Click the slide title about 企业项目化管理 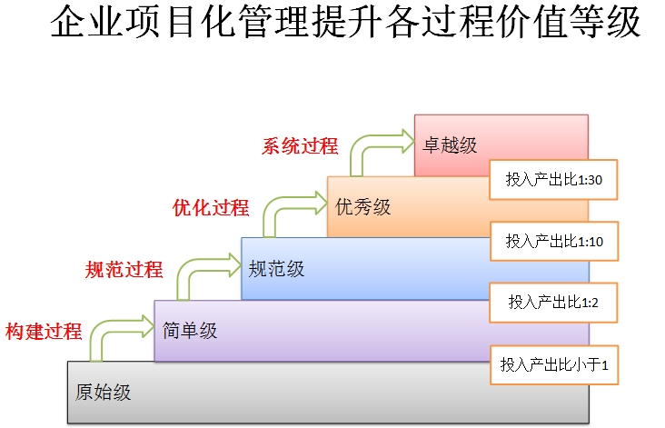pos(345,22)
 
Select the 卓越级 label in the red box pos(450,145)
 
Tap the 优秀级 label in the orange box pos(363,207)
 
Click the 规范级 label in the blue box pos(276,269)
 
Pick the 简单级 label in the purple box pos(190,331)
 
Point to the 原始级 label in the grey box pos(103,393)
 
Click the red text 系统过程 pos(300,146)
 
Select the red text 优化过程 pos(211,208)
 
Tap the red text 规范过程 pos(124,270)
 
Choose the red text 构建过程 pos(44,332)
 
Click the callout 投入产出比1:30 pos(553,179)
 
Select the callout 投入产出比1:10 pos(554,241)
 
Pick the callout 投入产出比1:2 pos(553,303)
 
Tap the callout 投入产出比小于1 pos(554,364)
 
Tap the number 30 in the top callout pos(595,180)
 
